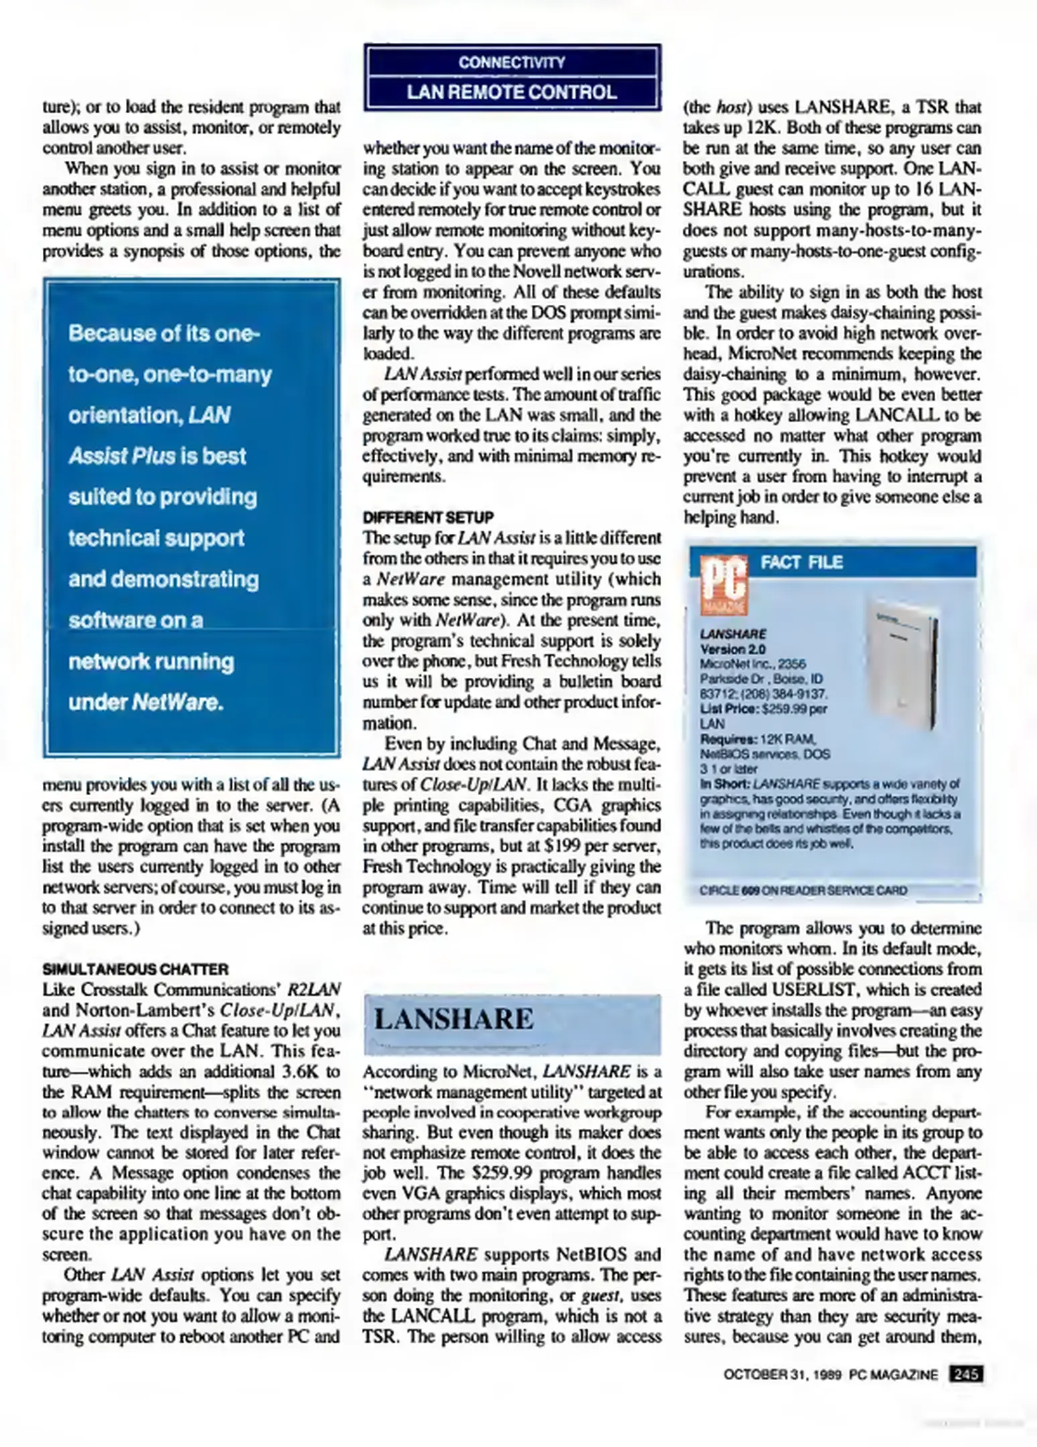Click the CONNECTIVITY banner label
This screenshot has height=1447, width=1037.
pyautogui.click(x=512, y=62)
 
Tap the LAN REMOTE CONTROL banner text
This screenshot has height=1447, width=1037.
pyautogui.click(x=512, y=92)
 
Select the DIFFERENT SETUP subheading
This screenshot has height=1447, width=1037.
pyautogui.click(x=428, y=517)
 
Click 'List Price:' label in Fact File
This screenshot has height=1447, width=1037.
pyautogui.click(x=725, y=708)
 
